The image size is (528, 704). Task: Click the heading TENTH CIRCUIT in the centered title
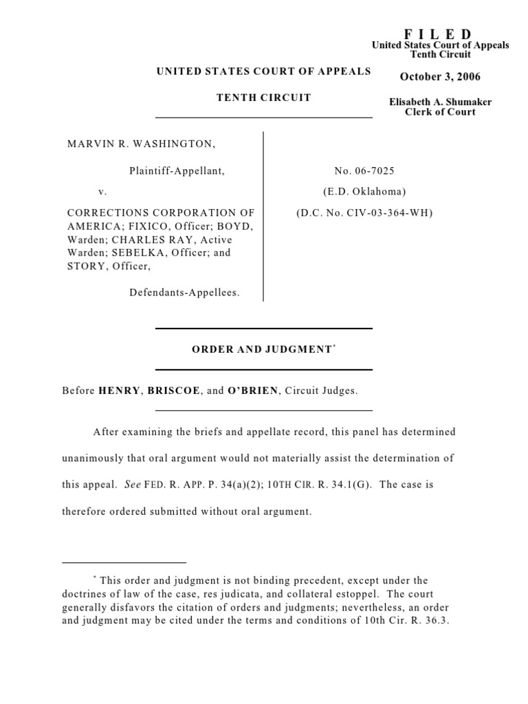pyautogui.click(x=264, y=98)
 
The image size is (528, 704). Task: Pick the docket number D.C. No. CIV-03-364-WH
pyautogui.click(x=364, y=213)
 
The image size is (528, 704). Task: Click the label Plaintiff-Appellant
pyautogui.click(x=177, y=170)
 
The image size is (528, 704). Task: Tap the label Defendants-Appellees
pyautogui.click(x=184, y=292)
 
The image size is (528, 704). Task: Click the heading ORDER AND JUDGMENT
pyautogui.click(x=261, y=350)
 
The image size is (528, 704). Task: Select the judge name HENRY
pyautogui.click(x=119, y=390)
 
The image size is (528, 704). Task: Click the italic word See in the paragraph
pyautogui.click(x=132, y=484)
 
